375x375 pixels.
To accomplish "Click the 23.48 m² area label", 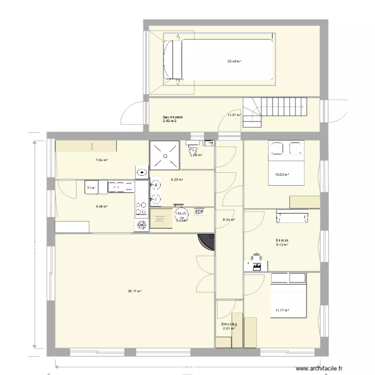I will (x=233, y=61).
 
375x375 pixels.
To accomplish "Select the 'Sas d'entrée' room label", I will (x=172, y=119).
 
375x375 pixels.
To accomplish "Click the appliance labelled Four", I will (x=91, y=187).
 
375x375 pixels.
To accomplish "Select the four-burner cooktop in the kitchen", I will (x=141, y=205).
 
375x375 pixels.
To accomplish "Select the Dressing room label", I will (x=229, y=326).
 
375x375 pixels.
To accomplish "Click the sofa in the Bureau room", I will (x=291, y=216).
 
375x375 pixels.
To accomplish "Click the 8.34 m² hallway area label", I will (x=228, y=219).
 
